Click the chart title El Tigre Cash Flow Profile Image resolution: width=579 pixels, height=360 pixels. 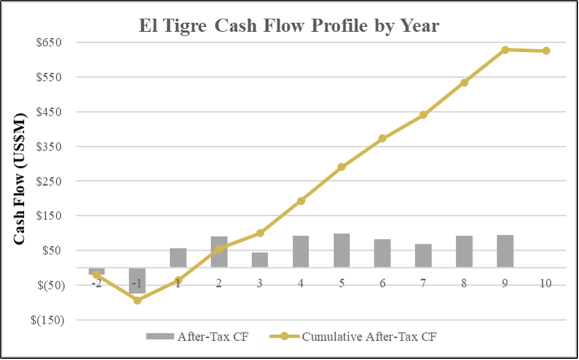coord(289,26)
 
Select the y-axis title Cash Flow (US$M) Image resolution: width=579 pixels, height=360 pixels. coord(20,178)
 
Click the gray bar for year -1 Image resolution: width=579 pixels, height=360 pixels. coord(137,280)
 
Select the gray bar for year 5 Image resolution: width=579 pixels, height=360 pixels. coord(341,250)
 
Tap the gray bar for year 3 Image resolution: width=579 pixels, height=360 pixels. coord(260,260)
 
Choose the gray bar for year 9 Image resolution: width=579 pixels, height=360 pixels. coord(505,251)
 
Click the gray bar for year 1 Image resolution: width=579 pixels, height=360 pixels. coord(178,258)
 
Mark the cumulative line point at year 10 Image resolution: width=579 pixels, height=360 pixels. coord(546,51)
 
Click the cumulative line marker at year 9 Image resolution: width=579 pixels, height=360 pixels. coord(505,49)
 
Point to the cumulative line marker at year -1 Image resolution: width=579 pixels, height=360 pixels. coord(138,300)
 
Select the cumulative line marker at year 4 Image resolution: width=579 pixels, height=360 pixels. coord(301,201)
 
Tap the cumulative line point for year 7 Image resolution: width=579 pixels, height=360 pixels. coord(423,115)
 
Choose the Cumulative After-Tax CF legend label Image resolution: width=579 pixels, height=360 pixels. coord(369,336)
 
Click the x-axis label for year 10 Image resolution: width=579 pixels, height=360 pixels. coord(546,283)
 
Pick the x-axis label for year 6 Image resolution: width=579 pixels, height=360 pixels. coord(382,283)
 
